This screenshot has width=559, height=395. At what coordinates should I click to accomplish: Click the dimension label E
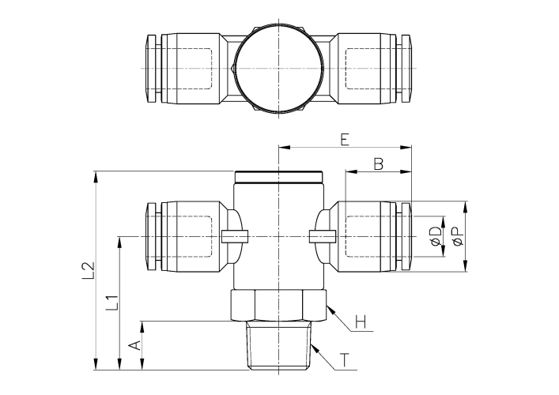coord(344,140)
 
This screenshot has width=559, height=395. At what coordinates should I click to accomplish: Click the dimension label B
coord(378,164)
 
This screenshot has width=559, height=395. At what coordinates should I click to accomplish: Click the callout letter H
coord(360,322)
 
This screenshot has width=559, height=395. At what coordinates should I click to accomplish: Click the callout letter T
coord(345,362)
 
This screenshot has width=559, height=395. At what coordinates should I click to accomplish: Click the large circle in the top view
coord(279,69)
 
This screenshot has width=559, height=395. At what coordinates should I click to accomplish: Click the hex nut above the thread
coord(279,306)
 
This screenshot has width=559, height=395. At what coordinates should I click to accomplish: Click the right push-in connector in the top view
coord(372,69)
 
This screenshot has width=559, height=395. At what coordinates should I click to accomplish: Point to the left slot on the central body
coord(236,235)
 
